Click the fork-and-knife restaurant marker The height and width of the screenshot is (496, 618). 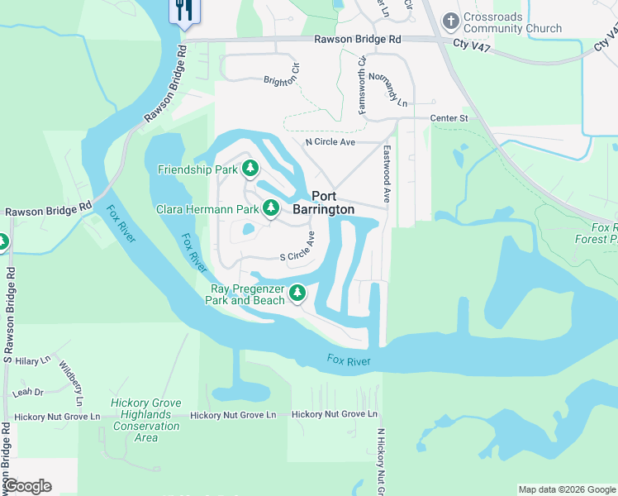tap(183, 10)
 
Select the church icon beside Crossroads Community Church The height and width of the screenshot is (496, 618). tap(450, 20)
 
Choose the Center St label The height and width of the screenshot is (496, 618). tap(449, 118)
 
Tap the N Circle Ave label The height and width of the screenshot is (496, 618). tap(330, 142)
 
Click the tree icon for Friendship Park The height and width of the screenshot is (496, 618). tap(250, 169)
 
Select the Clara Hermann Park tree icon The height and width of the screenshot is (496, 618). tap(270, 209)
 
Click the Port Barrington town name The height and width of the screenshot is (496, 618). tap(334, 203)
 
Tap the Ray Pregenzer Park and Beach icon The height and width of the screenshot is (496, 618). tap(297, 293)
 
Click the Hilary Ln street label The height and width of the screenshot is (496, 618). tap(33, 361)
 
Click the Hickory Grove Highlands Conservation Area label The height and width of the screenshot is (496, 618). tap(146, 420)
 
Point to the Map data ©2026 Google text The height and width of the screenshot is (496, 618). tap(566, 489)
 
